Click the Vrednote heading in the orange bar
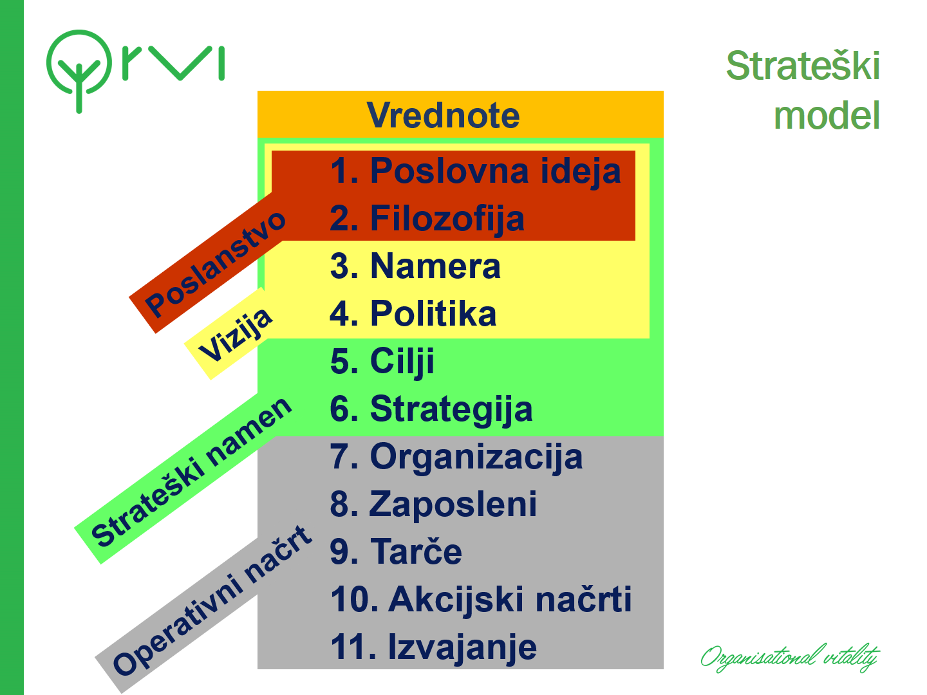[x=443, y=115]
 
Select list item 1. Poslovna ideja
[x=476, y=172]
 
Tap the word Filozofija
[x=447, y=219]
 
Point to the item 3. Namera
[x=416, y=266]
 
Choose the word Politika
[x=433, y=313]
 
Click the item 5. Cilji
[x=382, y=362]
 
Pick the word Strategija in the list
[x=451, y=410]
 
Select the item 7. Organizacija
[x=456, y=458]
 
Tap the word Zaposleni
[x=453, y=505]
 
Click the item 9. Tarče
[x=396, y=551]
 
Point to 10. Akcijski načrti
[x=481, y=600]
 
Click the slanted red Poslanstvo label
[x=216, y=263]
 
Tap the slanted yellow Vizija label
[x=235, y=335]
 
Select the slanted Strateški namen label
[x=191, y=472]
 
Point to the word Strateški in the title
[x=803, y=66]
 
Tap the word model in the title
[x=827, y=115]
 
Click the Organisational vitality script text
[x=790, y=658]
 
